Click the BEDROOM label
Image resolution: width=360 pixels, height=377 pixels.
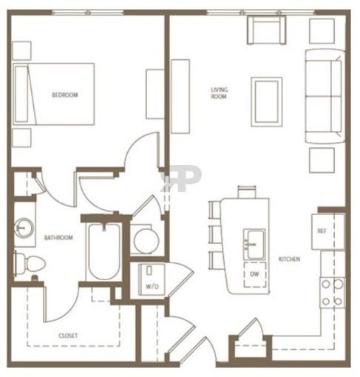(x=64, y=95)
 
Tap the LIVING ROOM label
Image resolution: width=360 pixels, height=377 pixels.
(x=219, y=93)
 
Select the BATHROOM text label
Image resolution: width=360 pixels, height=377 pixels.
(x=58, y=238)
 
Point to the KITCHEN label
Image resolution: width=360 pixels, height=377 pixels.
(x=289, y=259)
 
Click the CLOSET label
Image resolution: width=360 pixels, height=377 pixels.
(x=69, y=336)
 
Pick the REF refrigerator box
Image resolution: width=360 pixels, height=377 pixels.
(x=322, y=231)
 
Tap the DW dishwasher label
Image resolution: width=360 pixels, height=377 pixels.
(x=255, y=275)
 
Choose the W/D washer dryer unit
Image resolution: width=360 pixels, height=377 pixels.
(x=152, y=279)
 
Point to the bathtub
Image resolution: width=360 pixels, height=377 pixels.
(x=102, y=251)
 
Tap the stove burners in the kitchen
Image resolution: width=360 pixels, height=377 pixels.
(x=332, y=292)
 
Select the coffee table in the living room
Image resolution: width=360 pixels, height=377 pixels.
(x=266, y=101)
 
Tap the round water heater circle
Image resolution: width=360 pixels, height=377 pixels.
(x=146, y=240)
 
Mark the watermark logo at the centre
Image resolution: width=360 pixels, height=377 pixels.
(x=181, y=178)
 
